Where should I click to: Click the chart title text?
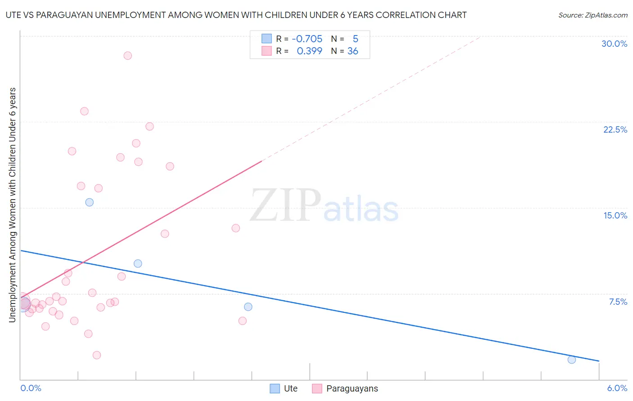pos(236,15)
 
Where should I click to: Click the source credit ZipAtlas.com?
pos(592,15)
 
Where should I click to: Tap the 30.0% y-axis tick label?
pos(614,44)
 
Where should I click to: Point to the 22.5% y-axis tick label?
pos(615,129)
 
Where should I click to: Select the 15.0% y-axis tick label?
pos(615,215)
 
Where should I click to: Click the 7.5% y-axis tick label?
pos(618,302)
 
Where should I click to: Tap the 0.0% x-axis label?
pos(31,388)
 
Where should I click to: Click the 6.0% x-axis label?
pos(617,388)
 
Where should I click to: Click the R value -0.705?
pos(307,39)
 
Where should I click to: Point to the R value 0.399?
pos(309,51)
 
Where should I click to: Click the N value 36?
pos(353,51)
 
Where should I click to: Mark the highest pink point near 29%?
pos(127,56)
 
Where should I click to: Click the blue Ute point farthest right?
pos(571,360)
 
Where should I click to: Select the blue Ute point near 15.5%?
pos(89,202)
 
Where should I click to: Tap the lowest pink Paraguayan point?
pos(96,355)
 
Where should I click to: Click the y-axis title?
pos(12,205)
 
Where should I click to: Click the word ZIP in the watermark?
pos(285,206)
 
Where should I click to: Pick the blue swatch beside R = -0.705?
pos(267,39)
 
